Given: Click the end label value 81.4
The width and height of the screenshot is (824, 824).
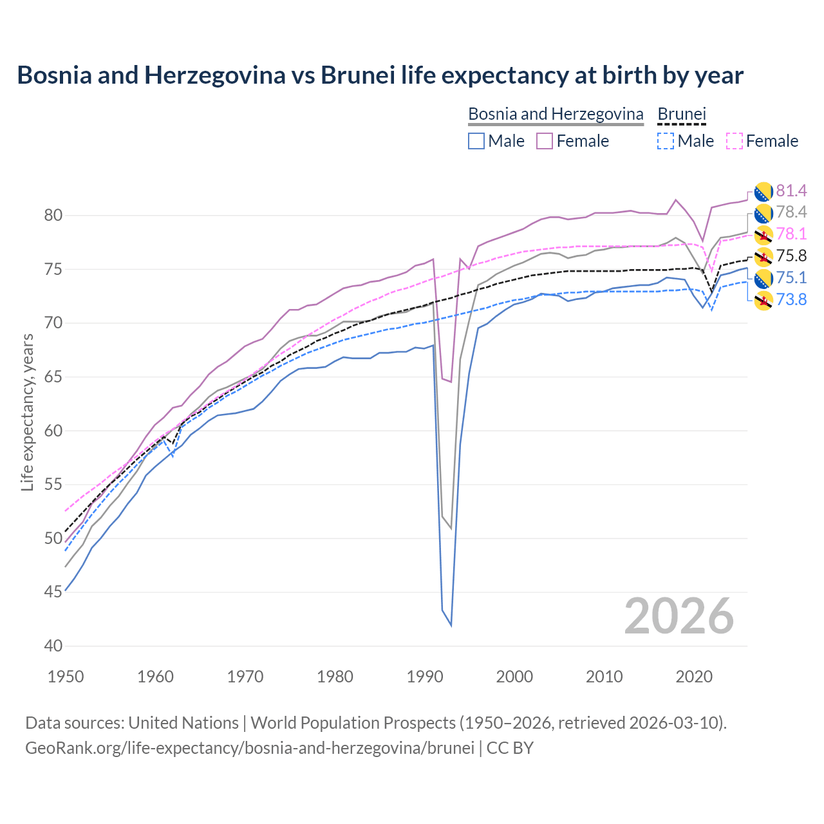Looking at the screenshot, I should (791, 191).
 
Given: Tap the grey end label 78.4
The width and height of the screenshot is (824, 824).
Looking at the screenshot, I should (791, 212).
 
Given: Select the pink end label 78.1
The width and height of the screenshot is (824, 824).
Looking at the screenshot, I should (791, 234).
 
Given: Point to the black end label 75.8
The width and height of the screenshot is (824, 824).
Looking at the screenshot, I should (791, 256).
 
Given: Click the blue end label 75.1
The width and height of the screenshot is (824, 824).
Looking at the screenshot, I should (791, 278).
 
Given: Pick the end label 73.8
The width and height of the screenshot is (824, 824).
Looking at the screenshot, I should (791, 300).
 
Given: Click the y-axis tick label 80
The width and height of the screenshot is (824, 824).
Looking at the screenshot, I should (53, 216).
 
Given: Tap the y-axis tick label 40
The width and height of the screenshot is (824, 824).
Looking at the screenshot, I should (53, 646).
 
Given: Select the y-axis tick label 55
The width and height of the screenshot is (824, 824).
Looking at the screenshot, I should (53, 485).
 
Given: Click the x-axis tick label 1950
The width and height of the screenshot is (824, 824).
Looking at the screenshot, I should (66, 677).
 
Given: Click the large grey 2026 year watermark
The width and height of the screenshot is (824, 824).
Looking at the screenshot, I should (679, 616).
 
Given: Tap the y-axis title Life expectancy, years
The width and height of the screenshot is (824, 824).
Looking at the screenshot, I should (27, 413).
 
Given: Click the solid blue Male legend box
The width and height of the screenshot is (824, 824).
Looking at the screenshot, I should (476, 141).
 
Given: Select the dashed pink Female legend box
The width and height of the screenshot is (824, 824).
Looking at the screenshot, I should (734, 141).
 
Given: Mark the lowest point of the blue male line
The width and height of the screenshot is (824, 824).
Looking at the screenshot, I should (451, 625).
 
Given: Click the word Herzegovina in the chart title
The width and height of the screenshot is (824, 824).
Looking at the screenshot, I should (214, 75).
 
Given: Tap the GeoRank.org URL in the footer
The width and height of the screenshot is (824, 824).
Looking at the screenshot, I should (250, 748).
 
